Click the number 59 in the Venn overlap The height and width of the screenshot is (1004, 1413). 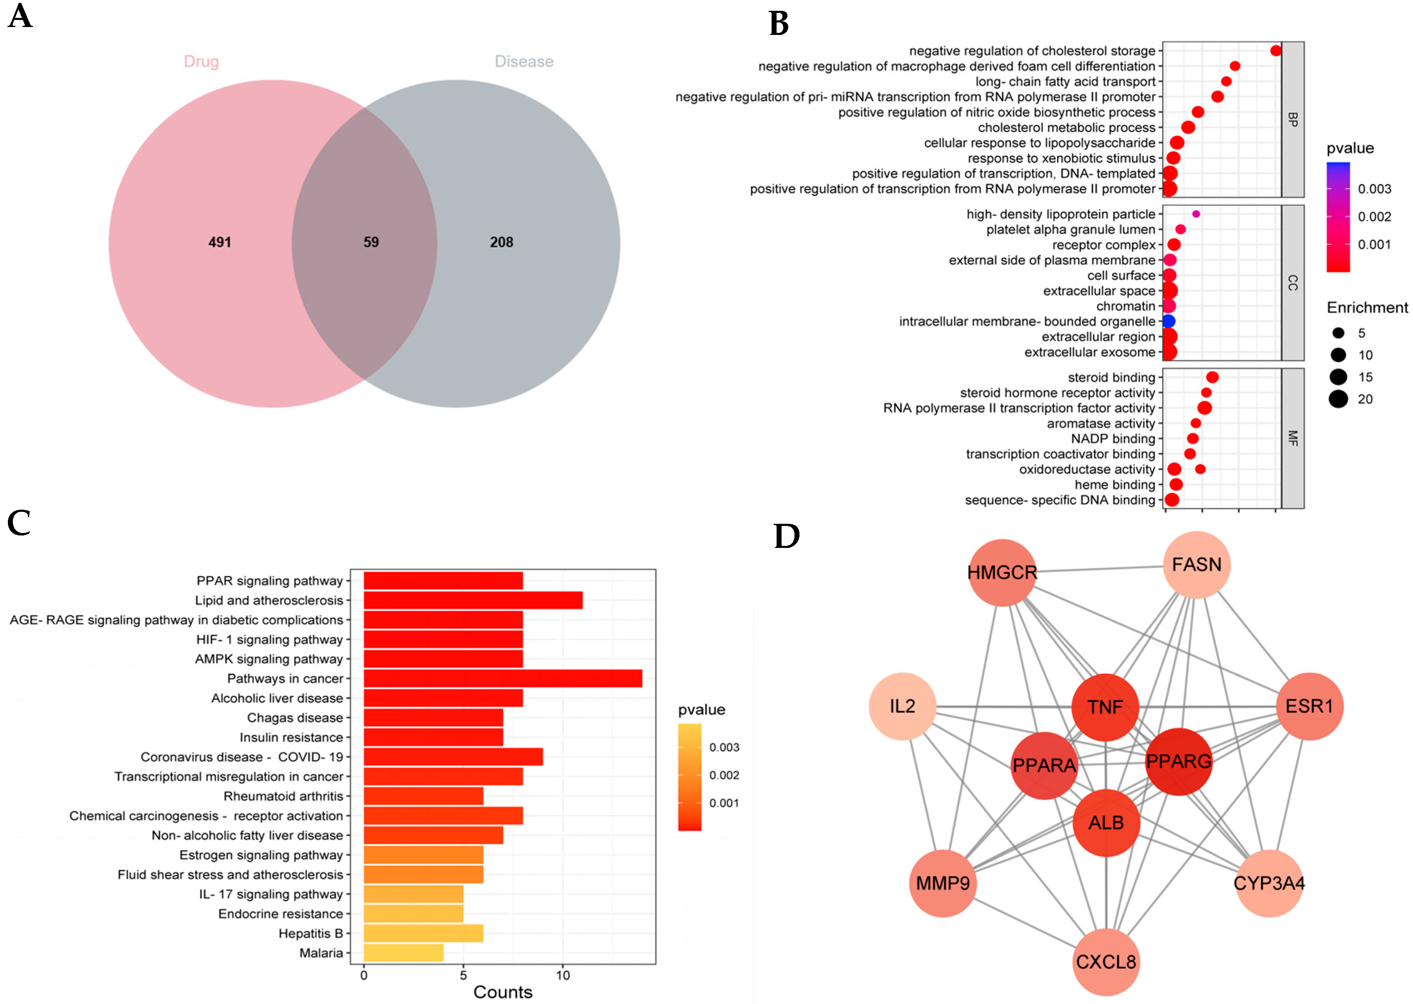point(371,242)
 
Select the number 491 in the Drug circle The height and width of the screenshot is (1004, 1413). point(220,242)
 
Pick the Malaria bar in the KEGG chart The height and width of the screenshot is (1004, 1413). point(403,953)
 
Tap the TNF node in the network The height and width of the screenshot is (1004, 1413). point(1105,707)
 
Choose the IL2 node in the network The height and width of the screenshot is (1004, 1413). point(902,706)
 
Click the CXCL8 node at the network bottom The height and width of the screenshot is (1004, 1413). point(1106,962)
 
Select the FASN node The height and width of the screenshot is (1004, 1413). point(1197,565)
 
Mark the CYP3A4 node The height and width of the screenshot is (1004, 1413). point(1269,883)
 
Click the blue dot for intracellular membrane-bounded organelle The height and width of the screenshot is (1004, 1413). point(1168,321)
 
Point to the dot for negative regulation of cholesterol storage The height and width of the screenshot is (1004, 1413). point(1275,51)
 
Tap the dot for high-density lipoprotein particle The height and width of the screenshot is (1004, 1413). point(1196,214)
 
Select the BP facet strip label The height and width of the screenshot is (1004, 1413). point(1292,119)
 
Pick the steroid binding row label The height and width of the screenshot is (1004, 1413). point(1111,377)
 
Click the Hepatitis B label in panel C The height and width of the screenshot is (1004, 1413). point(310,933)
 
